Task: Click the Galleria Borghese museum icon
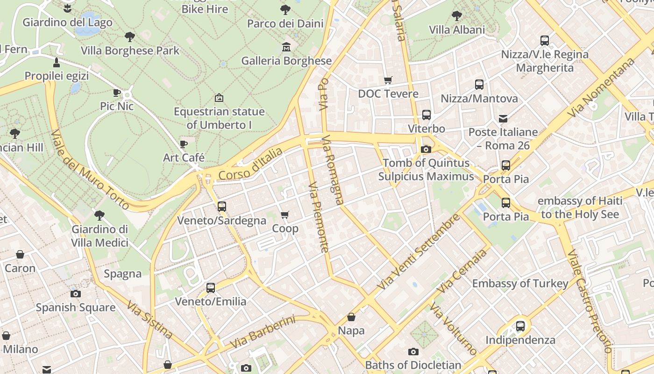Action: pos(286,47)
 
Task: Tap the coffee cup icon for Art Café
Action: pos(184,144)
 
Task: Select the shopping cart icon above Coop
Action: pos(284,215)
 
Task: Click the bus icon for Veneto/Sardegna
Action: pos(221,206)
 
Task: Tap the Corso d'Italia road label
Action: pos(250,164)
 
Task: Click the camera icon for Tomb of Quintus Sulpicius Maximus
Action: pos(426,150)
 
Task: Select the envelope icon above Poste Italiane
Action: pos(503,119)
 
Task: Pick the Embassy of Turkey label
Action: pos(520,283)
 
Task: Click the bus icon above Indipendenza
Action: pos(520,326)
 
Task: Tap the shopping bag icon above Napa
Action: pos(351,317)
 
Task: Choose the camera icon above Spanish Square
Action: pos(75,294)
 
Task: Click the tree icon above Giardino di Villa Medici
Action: pos(99,216)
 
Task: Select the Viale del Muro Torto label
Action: pos(90,169)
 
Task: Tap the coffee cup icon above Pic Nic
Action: pos(117,93)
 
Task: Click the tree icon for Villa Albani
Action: pos(457,16)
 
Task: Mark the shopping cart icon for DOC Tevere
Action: pos(388,80)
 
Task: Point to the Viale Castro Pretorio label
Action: pos(588,302)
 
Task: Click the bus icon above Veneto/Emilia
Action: pos(211,288)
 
